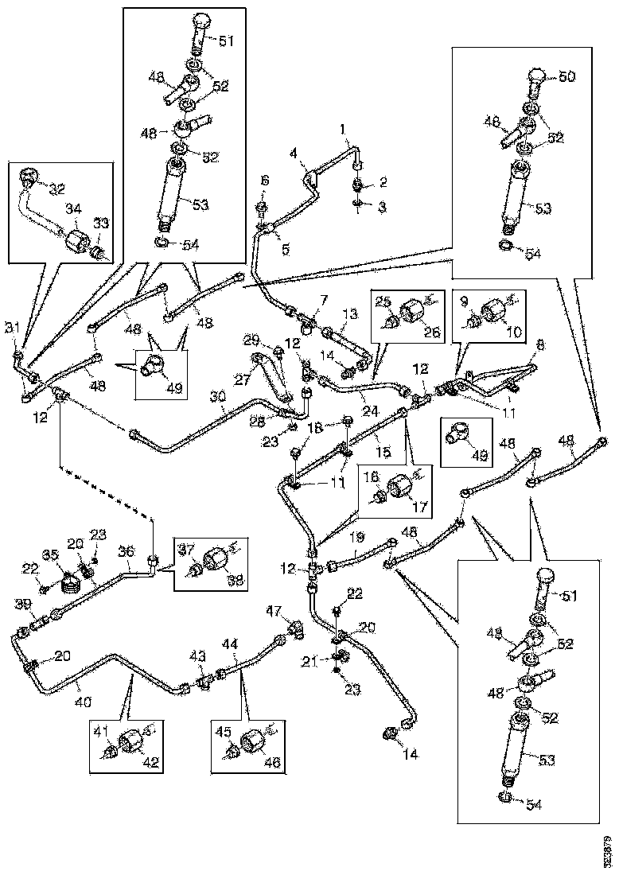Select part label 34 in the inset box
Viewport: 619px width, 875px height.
[x=73, y=208]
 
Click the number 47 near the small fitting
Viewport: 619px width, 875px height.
[x=274, y=610]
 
